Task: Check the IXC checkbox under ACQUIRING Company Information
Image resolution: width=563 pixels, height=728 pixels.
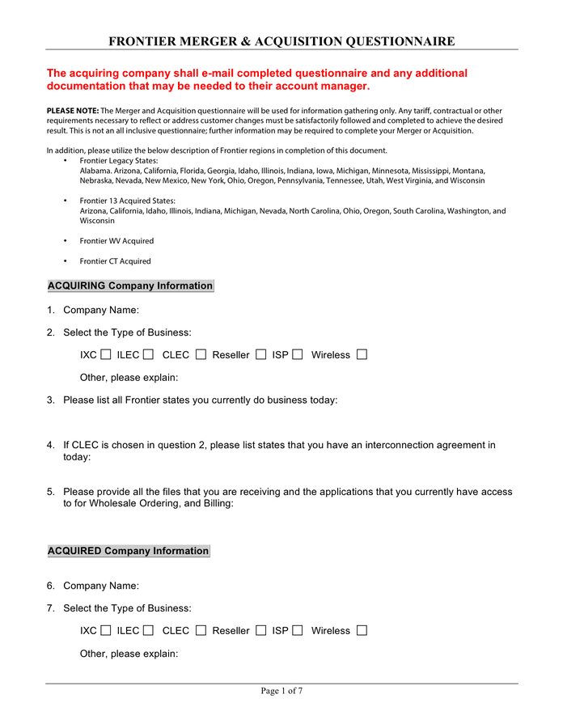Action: click(106, 354)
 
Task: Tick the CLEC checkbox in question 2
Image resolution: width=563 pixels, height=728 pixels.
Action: click(201, 354)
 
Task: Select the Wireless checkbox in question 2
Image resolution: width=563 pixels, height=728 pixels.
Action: click(362, 354)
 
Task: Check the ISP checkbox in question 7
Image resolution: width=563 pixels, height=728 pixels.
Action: click(298, 630)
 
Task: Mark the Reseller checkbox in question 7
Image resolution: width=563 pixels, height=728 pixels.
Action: click(260, 630)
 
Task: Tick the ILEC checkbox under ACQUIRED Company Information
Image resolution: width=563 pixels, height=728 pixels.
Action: click(148, 630)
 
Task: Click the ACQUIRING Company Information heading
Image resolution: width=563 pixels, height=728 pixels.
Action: click(130, 286)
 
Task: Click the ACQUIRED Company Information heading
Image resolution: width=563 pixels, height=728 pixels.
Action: click(128, 551)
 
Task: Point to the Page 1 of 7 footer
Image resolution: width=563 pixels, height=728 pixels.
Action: click(281, 691)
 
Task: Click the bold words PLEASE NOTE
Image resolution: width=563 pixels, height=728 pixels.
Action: click(73, 111)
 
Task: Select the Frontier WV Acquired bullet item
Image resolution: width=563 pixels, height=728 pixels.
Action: click(116, 241)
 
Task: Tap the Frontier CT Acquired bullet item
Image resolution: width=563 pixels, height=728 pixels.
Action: click(115, 261)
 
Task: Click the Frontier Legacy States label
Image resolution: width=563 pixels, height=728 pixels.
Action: click(119, 161)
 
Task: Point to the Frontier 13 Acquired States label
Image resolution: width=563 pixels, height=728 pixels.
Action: click(127, 201)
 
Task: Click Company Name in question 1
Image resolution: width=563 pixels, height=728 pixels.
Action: click(101, 310)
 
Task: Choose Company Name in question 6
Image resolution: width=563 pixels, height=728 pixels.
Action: click(101, 586)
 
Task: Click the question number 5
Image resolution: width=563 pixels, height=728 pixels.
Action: click(50, 492)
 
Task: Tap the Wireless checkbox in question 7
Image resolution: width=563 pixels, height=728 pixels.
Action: click(362, 630)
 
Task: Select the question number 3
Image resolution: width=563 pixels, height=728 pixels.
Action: click(50, 400)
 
